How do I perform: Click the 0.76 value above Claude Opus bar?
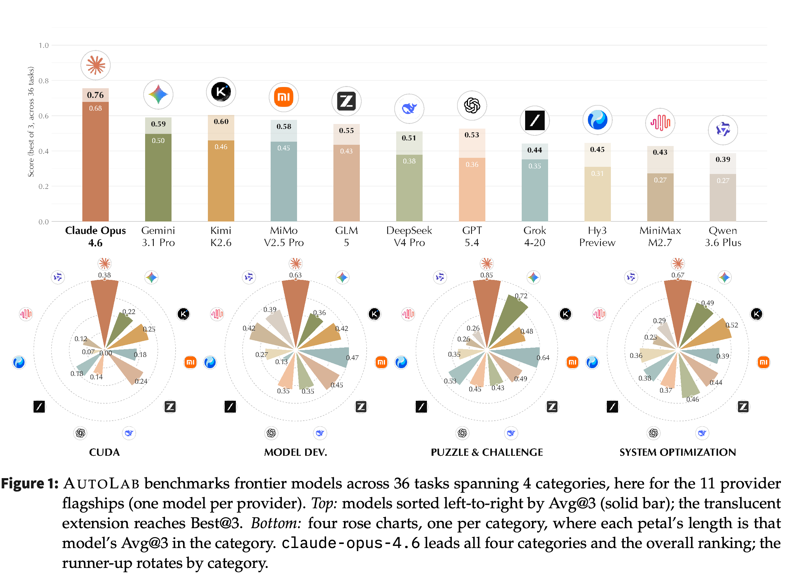point(95,95)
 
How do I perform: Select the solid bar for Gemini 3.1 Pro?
point(158,177)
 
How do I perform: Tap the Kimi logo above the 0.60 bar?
point(221,92)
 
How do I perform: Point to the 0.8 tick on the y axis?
point(44,81)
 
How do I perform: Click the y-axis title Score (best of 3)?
point(31,121)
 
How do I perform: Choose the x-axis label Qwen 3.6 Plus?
point(722,236)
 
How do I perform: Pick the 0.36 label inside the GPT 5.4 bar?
point(472,165)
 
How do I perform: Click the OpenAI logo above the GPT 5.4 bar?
point(472,105)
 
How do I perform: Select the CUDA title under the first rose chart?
point(104,452)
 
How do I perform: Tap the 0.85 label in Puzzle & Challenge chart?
point(486,275)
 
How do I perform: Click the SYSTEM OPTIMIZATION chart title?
point(677,452)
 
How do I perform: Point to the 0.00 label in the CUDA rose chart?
point(106,353)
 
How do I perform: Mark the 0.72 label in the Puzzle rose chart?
point(521,296)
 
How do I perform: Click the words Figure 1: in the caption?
point(30,484)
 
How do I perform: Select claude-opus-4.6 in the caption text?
point(350,543)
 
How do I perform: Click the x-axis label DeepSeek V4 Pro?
point(409,236)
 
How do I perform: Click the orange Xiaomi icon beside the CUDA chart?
point(190,362)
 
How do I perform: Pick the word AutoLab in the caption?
point(101,484)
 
